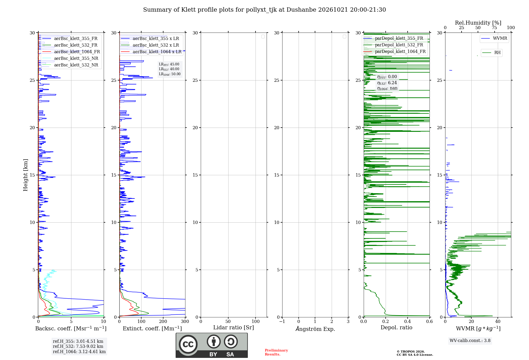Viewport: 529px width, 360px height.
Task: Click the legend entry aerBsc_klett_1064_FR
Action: click(71, 52)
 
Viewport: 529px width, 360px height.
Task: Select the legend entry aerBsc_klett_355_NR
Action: click(70, 58)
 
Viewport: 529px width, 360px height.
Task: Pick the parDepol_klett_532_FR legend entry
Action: click(394, 45)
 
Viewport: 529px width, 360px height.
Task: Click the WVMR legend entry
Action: click(494, 38)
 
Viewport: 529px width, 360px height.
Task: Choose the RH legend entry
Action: click(491, 53)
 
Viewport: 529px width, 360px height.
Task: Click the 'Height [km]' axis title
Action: click(25, 175)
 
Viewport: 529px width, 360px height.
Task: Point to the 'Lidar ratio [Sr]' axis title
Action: click(234, 327)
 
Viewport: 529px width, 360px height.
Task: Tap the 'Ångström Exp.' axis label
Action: click(315, 329)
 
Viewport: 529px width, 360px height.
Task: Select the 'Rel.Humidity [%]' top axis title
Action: click(478, 23)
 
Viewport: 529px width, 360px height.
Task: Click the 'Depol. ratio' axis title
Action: click(396, 327)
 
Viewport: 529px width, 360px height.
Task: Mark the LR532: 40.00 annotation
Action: click(169, 69)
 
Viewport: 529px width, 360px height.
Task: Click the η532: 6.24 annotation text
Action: click(387, 83)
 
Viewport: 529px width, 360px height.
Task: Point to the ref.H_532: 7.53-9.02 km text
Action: click(78, 346)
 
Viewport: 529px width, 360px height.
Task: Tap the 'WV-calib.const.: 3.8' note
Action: click(470, 341)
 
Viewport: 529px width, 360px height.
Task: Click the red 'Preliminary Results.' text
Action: click(276, 352)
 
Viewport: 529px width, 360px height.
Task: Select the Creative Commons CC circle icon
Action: click(188, 344)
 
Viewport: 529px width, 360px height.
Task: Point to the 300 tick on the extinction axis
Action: click(185, 322)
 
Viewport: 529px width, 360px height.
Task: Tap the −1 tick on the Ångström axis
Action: click(282, 322)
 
